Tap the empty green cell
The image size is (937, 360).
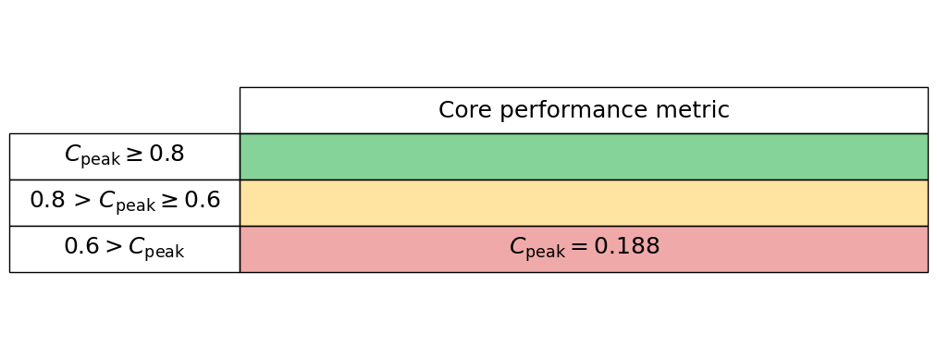pos(583,156)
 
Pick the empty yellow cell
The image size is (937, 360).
pos(583,203)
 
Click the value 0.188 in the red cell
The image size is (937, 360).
pos(626,247)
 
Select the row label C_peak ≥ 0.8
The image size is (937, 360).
pos(124,155)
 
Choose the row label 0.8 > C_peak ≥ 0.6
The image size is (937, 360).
pos(124,201)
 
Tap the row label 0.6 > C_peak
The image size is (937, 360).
pos(124,248)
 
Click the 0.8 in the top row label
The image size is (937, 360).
pos(166,155)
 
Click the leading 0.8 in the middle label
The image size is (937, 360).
pos(47,200)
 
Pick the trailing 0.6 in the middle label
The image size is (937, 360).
pos(203,200)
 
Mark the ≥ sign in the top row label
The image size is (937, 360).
pos(136,155)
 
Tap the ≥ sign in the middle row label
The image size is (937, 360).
pos(172,201)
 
